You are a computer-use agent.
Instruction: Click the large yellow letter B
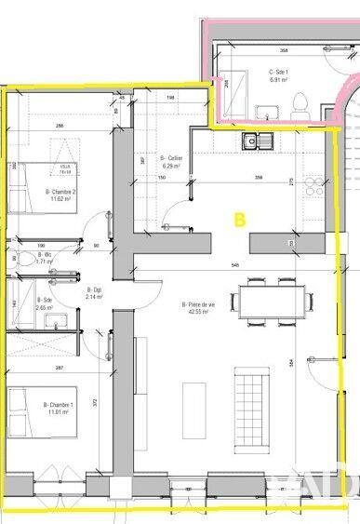pyautogui.click(x=239, y=220)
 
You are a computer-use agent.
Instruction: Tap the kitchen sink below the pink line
pyautogui.click(x=254, y=141)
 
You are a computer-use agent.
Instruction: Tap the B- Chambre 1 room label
pyautogui.click(x=60, y=407)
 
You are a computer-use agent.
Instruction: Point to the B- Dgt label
pyautogui.click(x=94, y=294)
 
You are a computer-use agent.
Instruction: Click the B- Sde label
pyautogui.click(x=43, y=303)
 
